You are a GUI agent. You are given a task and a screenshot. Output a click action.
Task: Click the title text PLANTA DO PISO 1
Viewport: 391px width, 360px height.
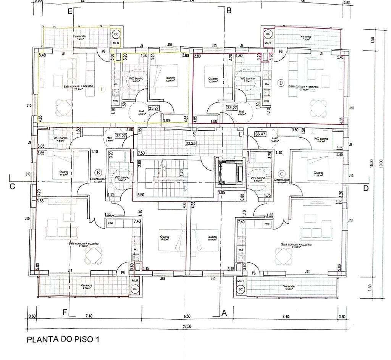63,339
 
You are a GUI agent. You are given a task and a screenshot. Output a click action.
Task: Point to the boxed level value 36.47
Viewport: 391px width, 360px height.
260,134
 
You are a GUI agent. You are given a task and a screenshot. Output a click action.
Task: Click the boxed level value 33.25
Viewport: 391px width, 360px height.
190,143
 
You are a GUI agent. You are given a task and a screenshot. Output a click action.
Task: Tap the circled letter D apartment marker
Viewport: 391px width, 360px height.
281,82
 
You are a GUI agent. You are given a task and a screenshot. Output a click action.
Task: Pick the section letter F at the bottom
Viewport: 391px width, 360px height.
65,312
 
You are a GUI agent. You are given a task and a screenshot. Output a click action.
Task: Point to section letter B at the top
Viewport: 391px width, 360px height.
229,11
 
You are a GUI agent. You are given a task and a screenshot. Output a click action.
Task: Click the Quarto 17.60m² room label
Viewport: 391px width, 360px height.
165,238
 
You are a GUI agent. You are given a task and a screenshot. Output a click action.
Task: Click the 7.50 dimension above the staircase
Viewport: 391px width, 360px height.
141,153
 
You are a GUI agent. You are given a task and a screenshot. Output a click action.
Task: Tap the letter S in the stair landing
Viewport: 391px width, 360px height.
194,134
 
